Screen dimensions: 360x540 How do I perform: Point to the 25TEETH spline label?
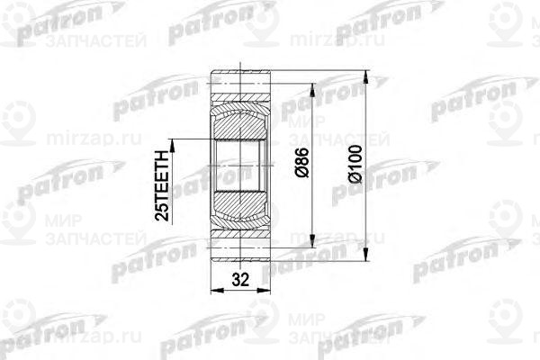(161, 179)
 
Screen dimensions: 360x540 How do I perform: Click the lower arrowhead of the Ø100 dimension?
(366, 258)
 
